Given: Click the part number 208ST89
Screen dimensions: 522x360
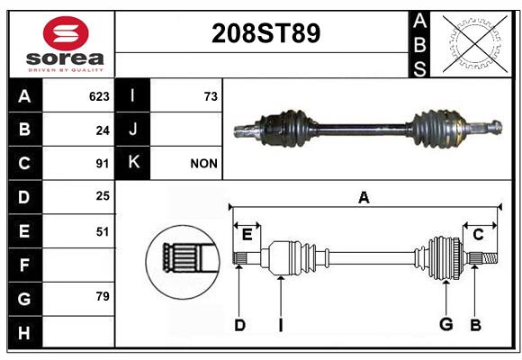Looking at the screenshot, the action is [265, 33].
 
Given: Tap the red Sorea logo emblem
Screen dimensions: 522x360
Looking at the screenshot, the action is [66, 33].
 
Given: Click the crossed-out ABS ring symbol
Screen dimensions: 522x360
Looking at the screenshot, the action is [475, 43].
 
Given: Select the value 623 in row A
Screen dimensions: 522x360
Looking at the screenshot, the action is [99, 96].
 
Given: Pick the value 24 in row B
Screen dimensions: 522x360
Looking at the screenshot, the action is [103, 130].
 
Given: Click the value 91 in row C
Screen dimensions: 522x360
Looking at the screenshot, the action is [103, 164].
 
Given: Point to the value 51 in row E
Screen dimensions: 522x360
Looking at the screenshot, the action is [103, 231].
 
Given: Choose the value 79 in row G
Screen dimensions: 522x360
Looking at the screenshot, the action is [103, 296].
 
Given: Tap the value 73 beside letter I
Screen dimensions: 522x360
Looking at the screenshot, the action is [211, 96].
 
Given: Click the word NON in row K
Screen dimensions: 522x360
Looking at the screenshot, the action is [203, 164].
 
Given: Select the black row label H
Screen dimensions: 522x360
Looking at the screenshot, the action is [25, 332].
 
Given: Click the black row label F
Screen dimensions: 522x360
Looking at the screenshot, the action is [25, 265].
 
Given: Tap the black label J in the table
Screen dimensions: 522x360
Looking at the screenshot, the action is [132, 130].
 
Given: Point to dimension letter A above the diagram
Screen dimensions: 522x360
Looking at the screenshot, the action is [364, 197].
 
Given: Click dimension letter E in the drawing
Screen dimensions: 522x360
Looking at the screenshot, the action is [247, 235].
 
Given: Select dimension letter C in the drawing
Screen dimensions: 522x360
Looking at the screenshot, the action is [478, 235].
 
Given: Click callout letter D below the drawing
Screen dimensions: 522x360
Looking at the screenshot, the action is [239, 325].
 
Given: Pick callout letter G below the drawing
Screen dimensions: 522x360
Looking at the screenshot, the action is [445, 324].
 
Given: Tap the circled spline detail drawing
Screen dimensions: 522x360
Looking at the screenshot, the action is [183, 261].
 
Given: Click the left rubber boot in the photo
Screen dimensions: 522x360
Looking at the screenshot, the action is [288, 128].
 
